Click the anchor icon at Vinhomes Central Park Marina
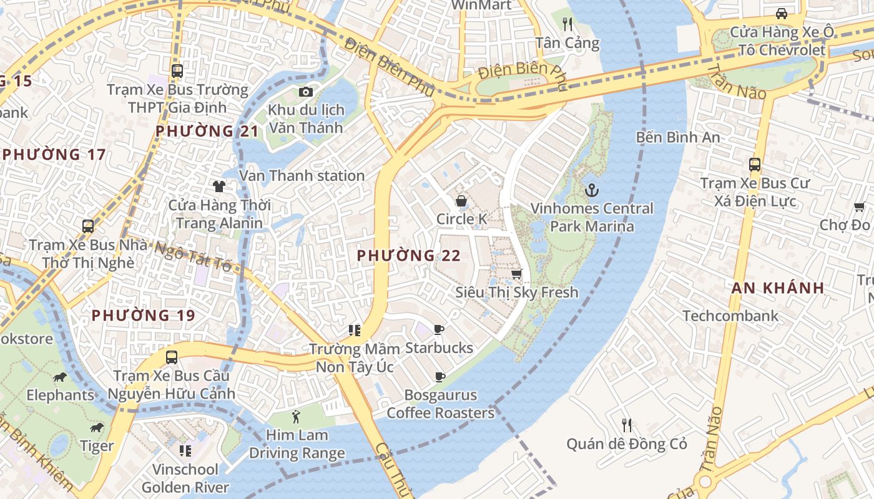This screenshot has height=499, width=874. (x=591, y=190)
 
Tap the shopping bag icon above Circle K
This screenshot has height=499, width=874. (x=461, y=201)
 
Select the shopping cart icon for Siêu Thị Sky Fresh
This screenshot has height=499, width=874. (x=516, y=274)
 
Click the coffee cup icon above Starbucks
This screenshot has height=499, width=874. (x=439, y=329)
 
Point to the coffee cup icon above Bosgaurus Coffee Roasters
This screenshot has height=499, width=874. (x=439, y=377)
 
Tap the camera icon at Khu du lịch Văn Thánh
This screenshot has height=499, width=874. (x=305, y=92)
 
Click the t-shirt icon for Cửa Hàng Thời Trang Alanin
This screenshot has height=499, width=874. (x=219, y=186)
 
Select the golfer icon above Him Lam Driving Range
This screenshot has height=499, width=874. (x=297, y=417)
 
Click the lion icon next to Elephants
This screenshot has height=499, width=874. (x=60, y=377)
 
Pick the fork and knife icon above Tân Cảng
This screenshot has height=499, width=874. (x=567, y=24)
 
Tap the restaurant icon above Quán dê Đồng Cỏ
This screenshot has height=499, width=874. (x=627, y=425)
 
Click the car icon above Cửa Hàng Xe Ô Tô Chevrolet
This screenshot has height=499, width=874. (x=781, y=13)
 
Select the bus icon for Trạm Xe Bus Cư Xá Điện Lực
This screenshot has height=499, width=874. (x=755, y=165)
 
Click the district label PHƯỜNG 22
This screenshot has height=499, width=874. (x=409, y=256)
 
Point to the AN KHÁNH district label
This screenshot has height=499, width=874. (x=778, y=288)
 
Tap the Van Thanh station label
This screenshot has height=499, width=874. (x=302, y=176)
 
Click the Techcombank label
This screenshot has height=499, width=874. (x=730, y=316)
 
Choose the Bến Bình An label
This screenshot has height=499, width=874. (x=678, y=137)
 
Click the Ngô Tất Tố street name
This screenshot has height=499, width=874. (x=194, y=257)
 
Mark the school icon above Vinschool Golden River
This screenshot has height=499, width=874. (x=185, y=450)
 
